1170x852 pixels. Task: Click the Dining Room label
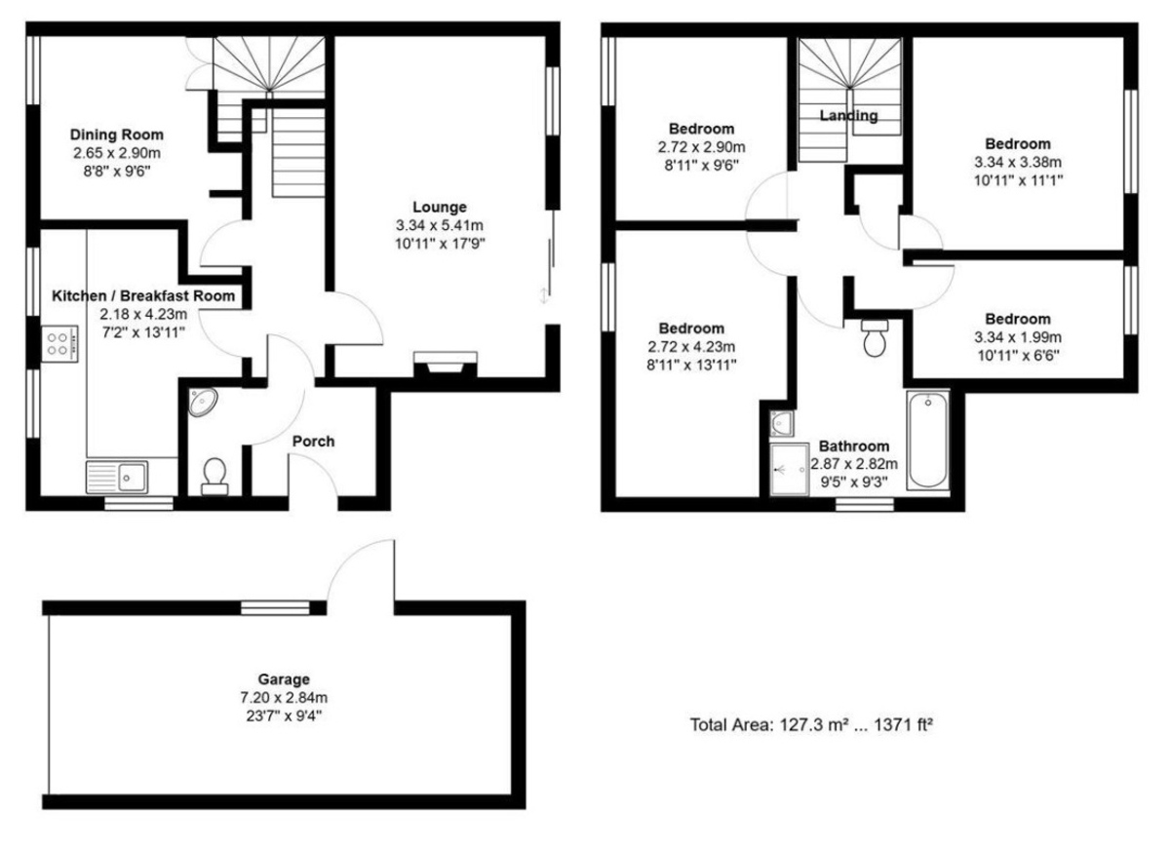point(116,135)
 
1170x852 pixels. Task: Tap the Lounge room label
point(440,207)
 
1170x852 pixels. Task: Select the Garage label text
point(284,679)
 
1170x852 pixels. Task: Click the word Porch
point(313,442)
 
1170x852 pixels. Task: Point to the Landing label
point(848,115)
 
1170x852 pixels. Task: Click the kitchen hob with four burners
point(59,344)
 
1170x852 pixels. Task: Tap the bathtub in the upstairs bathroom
point(927,440)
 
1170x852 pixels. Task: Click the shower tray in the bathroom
point(789,469)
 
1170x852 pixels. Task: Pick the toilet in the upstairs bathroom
point(875,338)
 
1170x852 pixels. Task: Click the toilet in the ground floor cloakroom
point(214,477)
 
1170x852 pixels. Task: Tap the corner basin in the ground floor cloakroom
point(203,402)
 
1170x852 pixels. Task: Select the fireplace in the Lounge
point(445,364)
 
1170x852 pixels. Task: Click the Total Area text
point(811,724)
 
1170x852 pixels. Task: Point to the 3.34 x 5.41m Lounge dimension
point(440,225)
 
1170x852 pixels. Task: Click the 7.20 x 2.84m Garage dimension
point(284,697)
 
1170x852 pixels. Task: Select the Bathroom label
point(854,446)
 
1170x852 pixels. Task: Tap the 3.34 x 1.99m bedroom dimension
point(1018,337)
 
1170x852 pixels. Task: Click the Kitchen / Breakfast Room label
point(143,295)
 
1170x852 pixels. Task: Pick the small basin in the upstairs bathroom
point(782,423)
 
